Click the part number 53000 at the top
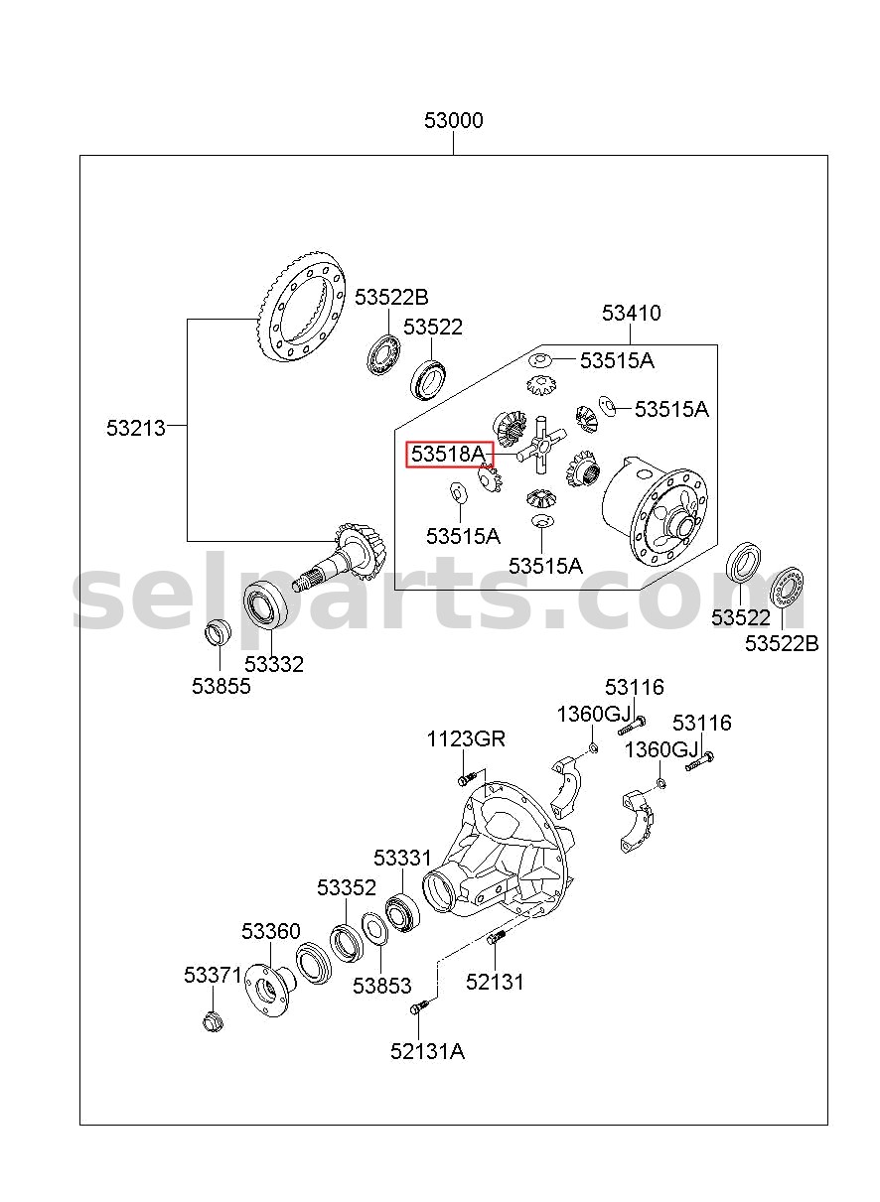pos(453,120)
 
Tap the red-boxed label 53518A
pos(448,454)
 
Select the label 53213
pos(136,428)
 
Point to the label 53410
pos(631,313)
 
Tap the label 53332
pos(274,664)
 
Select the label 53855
pos(221,686)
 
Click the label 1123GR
pos(466,738)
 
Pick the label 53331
pos(402,858)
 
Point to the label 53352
pos(347,887)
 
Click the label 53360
pos(270,931)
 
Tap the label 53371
pos(213,975)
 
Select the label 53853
pos(381,986)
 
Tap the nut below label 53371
pos(213,1020)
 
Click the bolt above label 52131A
pos(419,1005)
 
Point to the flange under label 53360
pos(269,986)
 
